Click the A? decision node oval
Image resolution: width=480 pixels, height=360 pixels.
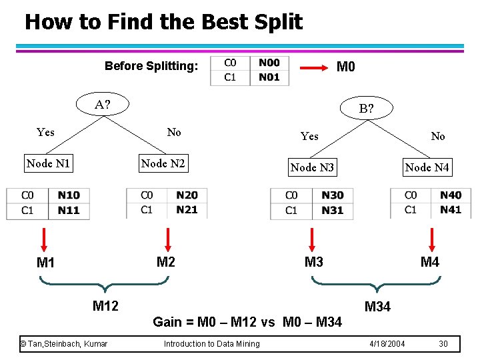tap(102, 104)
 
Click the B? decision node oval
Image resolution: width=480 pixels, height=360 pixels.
tap(366, 108)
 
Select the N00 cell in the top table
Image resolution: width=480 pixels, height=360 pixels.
tap(269, 63)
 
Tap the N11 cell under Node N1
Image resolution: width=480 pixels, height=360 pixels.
tap(68, 210)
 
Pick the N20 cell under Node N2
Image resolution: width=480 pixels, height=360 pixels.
tap(187, 195)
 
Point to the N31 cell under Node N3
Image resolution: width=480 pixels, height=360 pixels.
tap(332, 210)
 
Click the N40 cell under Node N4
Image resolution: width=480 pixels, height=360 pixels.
tap(451, 195)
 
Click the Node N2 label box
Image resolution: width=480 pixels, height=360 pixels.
tap(163, 163)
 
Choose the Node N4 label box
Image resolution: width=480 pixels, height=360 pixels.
tap(427, 167)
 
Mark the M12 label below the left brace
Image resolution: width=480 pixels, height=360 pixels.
tap(105, 306)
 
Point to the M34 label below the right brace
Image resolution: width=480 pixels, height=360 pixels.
tap(377, 307)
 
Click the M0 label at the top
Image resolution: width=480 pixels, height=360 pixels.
tap(346, 67)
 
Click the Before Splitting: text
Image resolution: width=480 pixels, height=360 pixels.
tap(151, 67)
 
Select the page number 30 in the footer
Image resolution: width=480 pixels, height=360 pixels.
tap(443, 343)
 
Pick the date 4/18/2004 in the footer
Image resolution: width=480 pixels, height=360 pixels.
tap(387, 343)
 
